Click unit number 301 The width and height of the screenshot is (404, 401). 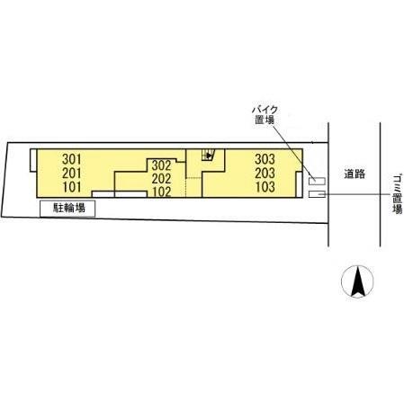click(x=71, y=159)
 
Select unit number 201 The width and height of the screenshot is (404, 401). click(x=72, y=173)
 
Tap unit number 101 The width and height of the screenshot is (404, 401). click(x=72, y=187)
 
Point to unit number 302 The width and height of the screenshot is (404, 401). click(x=161, y=165)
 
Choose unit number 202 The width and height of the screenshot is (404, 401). click(x=161, y=179)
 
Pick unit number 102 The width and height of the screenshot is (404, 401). click(x=162, y=192)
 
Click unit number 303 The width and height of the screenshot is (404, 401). click(x=265, y=159)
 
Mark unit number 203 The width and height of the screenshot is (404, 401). click(x=265, y=173)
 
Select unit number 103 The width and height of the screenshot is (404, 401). click(x=265, y=187)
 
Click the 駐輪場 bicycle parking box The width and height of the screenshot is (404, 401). click(x=67, y=209)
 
